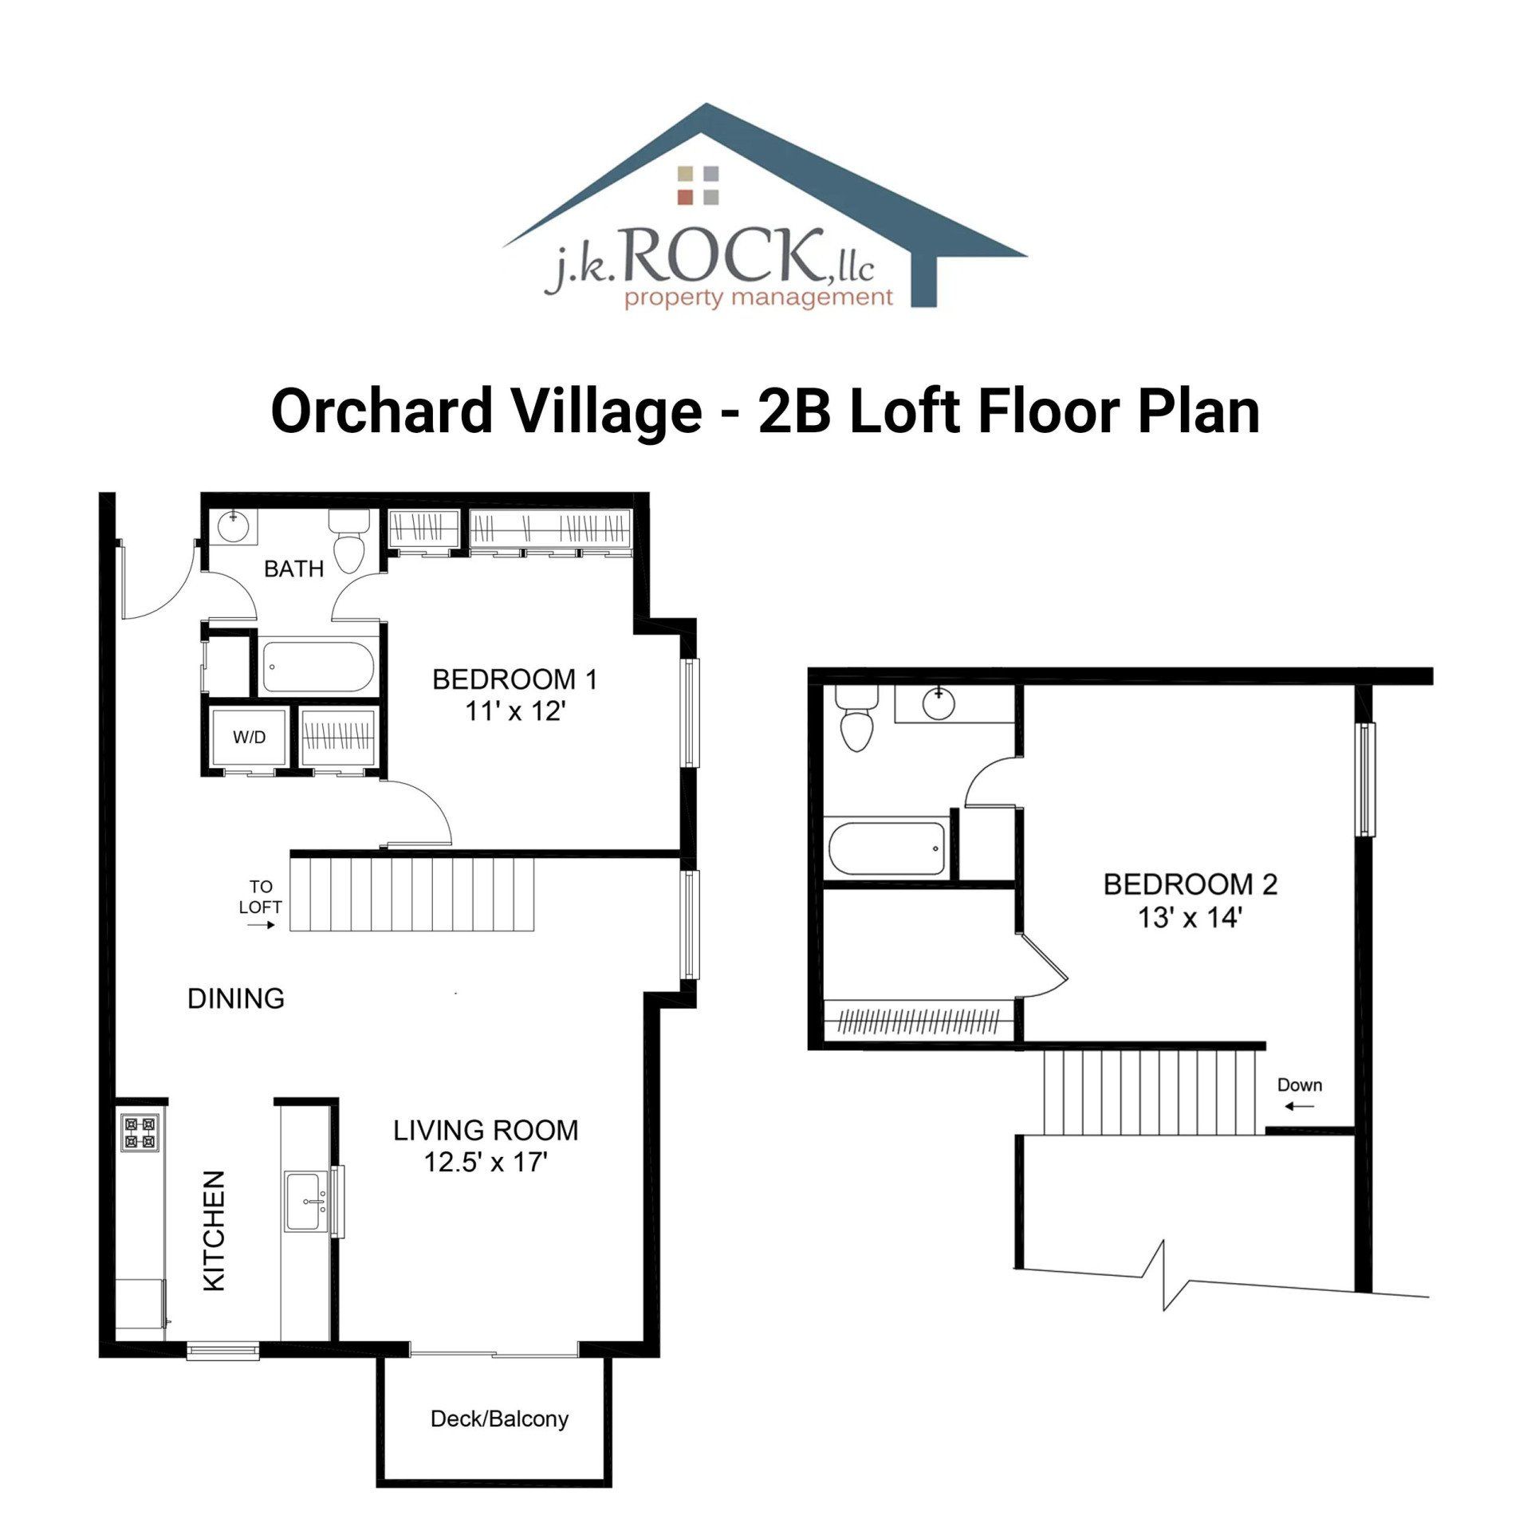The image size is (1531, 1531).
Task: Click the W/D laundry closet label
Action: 249,738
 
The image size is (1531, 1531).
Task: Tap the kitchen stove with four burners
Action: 140,1133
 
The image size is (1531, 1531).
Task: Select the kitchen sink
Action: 307,1202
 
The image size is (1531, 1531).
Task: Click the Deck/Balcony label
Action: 499,1419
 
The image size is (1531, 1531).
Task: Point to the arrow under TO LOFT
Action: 261,926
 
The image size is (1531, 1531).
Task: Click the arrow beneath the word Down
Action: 1300,1106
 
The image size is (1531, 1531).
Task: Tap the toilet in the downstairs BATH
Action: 349,541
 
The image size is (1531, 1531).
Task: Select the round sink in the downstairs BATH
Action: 234,527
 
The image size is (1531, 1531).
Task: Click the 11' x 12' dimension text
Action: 515,711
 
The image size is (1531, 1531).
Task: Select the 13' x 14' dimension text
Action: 1191,918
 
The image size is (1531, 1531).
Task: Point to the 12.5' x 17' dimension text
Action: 485,1162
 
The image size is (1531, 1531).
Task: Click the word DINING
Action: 235,998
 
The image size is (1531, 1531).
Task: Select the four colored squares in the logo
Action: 699,185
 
